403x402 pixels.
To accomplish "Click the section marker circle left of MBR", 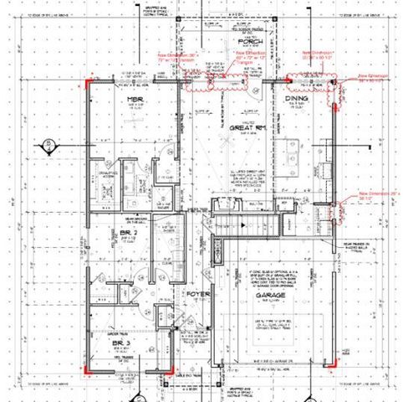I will [x=49, y=145].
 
